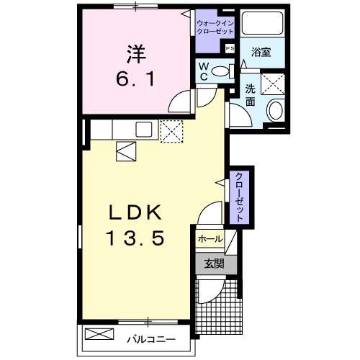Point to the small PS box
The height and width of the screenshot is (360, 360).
coord(230,48)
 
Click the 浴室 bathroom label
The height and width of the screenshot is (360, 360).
coord(260,53)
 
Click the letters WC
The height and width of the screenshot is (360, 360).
coord(204,70)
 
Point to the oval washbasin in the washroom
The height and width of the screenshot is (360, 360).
coord(274,111)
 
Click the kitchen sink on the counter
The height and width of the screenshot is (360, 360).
coord(142,130)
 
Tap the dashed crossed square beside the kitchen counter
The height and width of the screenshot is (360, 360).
coord(172,130)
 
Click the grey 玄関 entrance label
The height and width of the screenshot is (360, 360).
coord(212,264)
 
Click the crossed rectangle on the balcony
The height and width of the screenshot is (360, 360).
coord(99,335)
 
